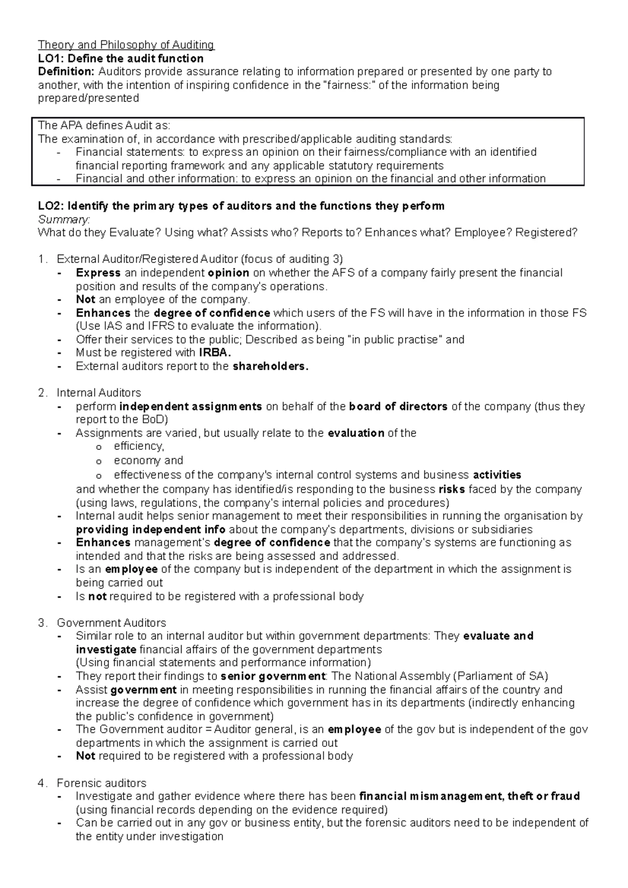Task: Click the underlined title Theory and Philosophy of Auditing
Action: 126,45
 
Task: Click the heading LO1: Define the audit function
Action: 120,58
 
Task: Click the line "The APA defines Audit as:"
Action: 104,126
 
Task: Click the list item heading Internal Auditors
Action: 98,393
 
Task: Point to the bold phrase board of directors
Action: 398,406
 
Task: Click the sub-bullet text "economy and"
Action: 148,461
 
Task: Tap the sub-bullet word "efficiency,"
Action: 139,446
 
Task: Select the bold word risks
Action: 451,489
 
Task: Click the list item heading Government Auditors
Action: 111,623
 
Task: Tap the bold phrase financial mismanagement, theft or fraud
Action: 469,796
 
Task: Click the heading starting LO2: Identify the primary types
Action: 241,206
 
